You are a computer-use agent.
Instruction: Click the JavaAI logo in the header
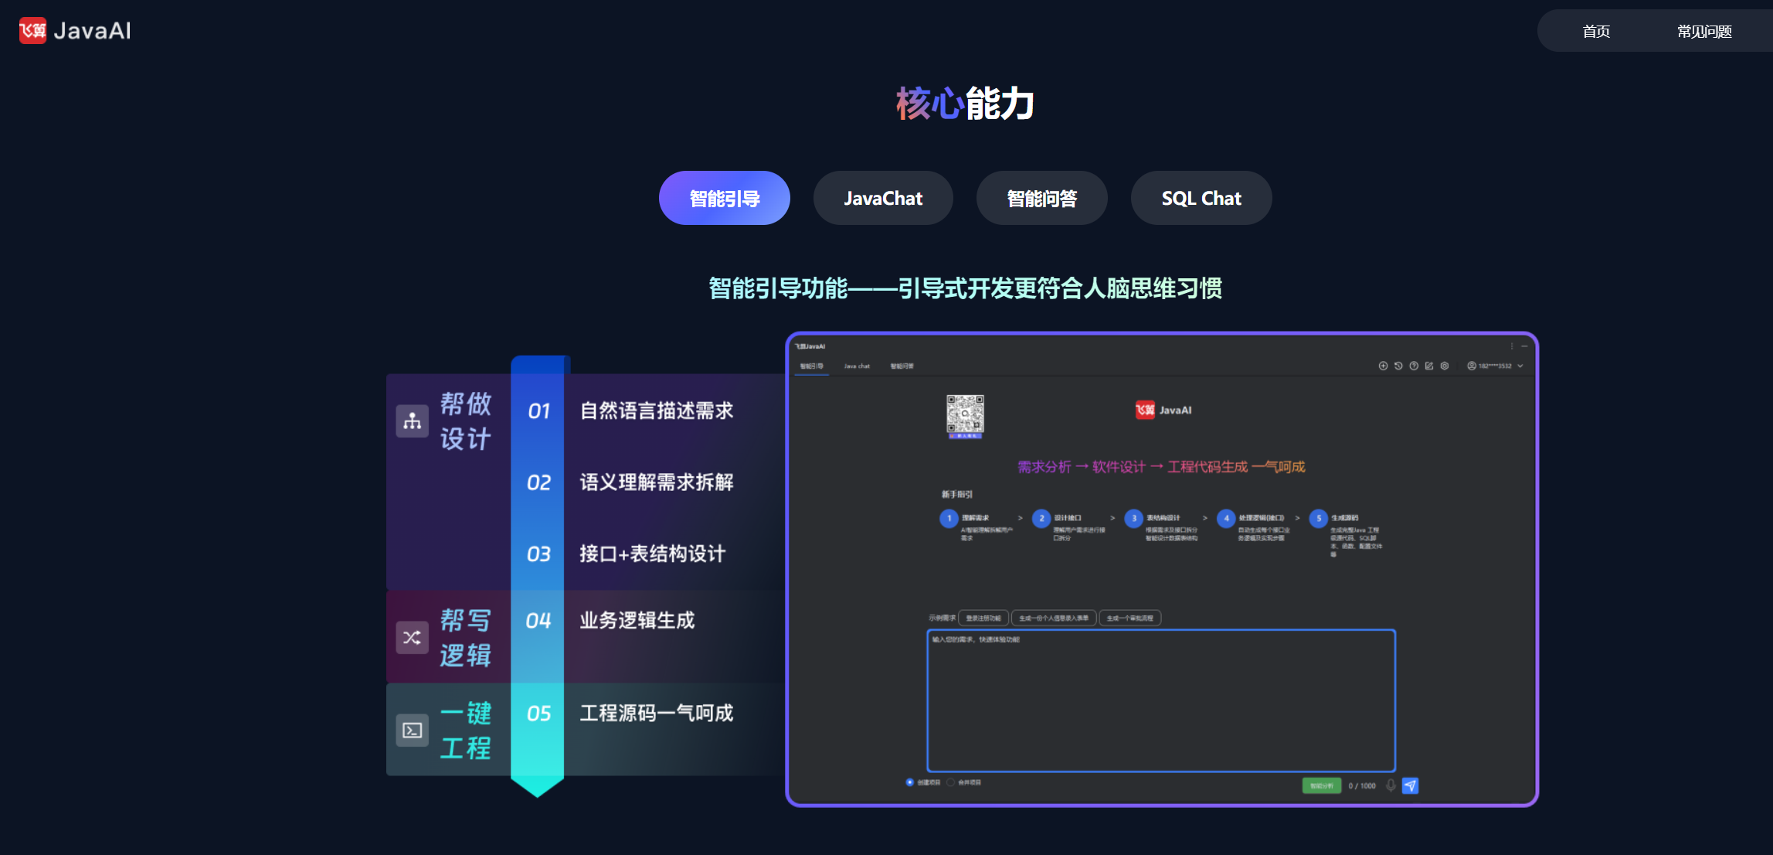point(75,31)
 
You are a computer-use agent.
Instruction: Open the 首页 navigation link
point(1596,32)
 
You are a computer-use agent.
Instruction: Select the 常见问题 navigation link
point(1704,32)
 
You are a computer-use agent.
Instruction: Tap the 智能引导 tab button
point(724,199)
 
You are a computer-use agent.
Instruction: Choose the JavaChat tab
point(883,199)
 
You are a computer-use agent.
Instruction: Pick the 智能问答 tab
point(1041,199)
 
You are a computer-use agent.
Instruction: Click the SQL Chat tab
point(1201,199)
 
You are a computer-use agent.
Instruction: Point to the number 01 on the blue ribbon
point(538,411)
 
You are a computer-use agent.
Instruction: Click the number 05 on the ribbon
point(538,714)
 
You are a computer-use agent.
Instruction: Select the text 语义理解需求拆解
point(657,482)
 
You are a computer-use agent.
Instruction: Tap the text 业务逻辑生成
point(637,621)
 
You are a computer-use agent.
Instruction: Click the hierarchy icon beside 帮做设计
point(413,421)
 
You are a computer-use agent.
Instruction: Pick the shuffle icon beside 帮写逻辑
point(413,638)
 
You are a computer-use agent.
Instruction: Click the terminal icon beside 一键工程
point(413,731)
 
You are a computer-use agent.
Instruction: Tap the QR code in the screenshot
point(965,415)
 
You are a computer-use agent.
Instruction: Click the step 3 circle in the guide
point(1133,519)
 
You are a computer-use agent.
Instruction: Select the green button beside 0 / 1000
point(1321,785)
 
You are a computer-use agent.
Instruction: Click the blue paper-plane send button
point(1410,785)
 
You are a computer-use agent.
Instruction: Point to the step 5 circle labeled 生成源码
point(1319,519)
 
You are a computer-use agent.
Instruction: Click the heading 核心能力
point(965,104)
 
